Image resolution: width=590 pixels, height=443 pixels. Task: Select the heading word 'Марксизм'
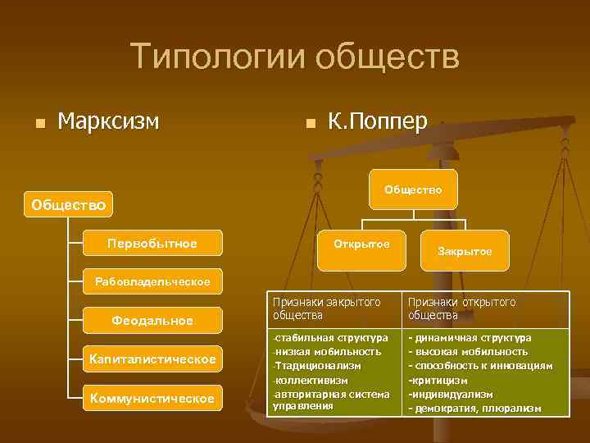108,121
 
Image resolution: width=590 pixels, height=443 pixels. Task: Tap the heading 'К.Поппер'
377,121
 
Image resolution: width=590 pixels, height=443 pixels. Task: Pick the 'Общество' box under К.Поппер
413,190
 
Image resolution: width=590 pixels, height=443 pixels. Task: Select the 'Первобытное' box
152,244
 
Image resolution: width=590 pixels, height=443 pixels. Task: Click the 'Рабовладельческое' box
152,281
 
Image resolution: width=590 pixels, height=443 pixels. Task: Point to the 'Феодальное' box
152,320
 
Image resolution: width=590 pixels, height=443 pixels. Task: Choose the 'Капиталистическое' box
152,359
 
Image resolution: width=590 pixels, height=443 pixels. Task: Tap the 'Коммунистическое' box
152,398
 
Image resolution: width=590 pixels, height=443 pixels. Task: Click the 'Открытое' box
361,244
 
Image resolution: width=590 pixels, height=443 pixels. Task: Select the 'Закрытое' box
465,251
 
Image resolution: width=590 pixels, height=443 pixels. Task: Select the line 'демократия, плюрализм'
479,408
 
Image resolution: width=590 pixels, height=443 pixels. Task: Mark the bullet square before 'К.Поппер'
309,124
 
